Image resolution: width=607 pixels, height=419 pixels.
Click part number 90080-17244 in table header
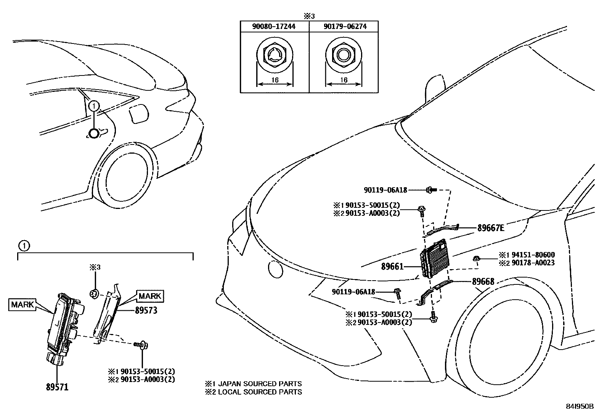pyautogui.click(x=275, y=26)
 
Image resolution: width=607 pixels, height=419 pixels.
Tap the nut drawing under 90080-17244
pyautogui.click(x=275, y=56)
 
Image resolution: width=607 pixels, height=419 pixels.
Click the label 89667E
pyautogui.click(x=491, y=228)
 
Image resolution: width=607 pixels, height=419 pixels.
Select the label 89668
pyautogui.click(x=483, y=282)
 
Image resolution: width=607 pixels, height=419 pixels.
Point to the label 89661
pyautogui.click(x=392, y=267)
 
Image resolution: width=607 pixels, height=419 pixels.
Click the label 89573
pyautogui.click(x=146, y=311)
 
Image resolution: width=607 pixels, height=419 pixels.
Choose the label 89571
pyautogui.click(x=57, y=387)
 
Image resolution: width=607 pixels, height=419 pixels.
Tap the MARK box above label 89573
pyautogui.click(x=149, y=296)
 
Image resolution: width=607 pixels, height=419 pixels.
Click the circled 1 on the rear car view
pyautogui.click(x=94, y=106)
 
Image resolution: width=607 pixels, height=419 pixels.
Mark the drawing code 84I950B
pyautogui.click(x=580, y=406)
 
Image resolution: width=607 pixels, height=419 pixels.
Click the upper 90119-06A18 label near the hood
pyautogui.click(x=385, y=189)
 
